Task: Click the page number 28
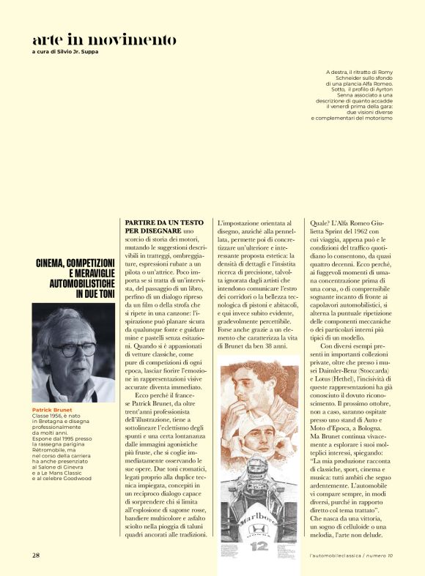36,556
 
